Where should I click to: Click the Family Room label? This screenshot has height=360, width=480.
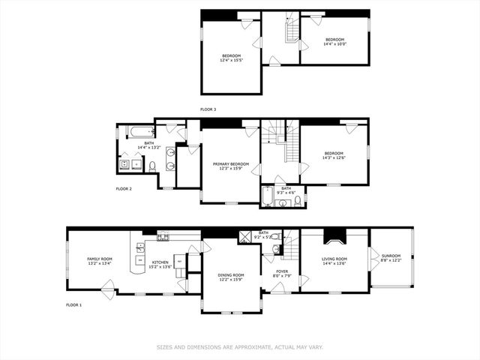click(x=99, y=259)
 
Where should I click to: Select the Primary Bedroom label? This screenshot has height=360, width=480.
click(x=230, y=163)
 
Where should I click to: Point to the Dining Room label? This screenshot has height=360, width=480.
click(x=230, y=274)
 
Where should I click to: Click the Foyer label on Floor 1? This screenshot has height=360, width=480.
click(x=281, y=271)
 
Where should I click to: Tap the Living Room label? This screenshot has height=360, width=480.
click(x=334, y=259)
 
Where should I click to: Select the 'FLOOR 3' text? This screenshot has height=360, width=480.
click(x=208, y=109)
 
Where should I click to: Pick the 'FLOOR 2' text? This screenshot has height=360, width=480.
click(x=124, y=189)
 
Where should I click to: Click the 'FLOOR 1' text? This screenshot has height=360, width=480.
click(x=73, y=305)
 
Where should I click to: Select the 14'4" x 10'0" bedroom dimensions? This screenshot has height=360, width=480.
click(x=334, y=43)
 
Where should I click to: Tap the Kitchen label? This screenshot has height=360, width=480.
click(x=160, y=262)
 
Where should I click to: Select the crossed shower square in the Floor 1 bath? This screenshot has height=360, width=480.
click(x=244, y=238)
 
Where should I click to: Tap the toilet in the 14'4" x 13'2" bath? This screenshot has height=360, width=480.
click(x=152, y=166)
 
